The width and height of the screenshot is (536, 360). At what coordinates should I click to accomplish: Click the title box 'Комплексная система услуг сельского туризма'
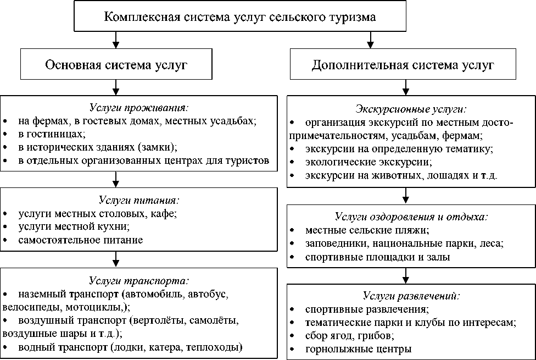click(240, 17)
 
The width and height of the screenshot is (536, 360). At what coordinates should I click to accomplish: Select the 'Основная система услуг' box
click(116, 65)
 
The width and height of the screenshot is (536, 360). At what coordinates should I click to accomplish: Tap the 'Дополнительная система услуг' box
click(403, 65)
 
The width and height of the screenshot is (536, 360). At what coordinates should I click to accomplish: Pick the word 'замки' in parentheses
click(158, 147)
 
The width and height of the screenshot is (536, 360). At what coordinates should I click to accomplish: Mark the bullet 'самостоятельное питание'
click(80, 240)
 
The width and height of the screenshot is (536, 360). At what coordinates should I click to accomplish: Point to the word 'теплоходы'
click(218, 347)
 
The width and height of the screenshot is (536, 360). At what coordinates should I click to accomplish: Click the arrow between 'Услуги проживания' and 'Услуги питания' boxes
click(116, 179)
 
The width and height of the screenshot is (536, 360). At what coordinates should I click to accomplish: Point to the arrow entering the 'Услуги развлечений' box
click(405, 274)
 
